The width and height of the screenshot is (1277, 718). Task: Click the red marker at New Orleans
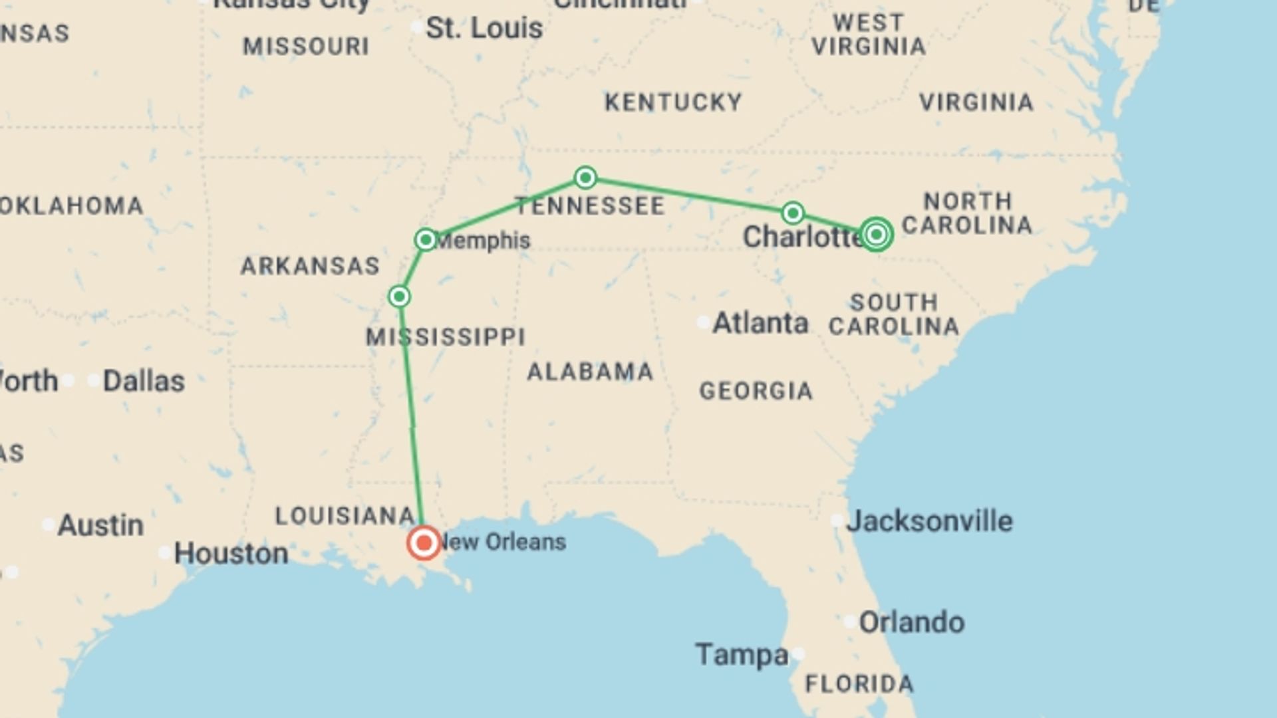coord(424,543)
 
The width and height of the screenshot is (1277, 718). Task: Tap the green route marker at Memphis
coord(426,239)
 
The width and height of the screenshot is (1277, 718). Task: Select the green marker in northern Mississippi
coord(399,297)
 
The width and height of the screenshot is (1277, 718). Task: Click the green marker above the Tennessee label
coord(585,178)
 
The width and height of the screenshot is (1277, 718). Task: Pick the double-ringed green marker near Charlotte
coord(876,234)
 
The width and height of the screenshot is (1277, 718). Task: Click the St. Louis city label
coord(484,29)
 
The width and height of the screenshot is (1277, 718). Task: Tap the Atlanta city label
coord(760,323)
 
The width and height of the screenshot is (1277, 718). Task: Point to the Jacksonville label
coord(929,521)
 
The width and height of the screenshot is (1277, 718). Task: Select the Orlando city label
coord(911,622)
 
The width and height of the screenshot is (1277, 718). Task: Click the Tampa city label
coord(742,655)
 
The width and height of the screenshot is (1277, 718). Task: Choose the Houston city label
coord(231,553)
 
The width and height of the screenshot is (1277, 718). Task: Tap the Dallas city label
coord(144,381)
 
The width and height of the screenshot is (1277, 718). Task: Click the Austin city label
coord(100,525)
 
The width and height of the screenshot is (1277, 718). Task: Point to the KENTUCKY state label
coord(673,102)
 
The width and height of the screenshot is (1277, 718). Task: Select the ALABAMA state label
coord(590,372)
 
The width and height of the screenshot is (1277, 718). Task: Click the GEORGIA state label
coord(756,391)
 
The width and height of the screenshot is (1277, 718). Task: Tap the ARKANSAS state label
coord(310,266)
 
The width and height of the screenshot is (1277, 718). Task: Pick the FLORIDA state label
coord(859,683)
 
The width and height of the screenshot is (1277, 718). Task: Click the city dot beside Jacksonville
coord(837,521)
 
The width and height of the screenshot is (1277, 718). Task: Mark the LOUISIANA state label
coord(345,516)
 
